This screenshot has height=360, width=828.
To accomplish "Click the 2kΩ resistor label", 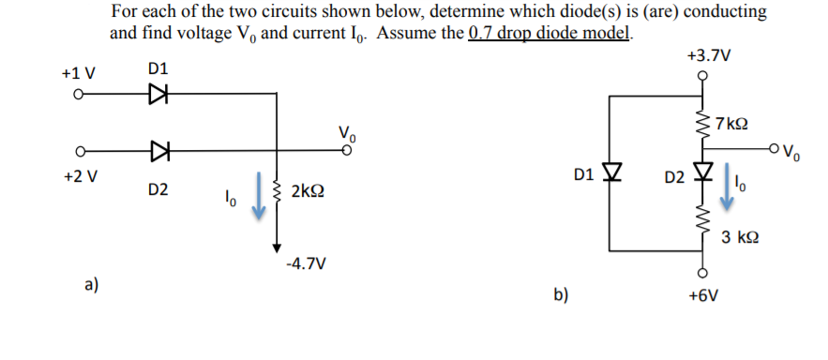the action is coord(309,192).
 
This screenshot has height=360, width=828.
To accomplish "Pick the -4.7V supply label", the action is coord(307,264).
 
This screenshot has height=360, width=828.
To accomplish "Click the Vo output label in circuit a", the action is coord(346,132).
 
